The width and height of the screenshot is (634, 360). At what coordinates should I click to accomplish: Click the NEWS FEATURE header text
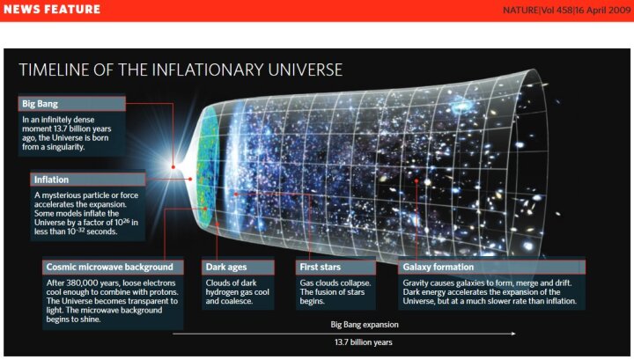tap(52, 10)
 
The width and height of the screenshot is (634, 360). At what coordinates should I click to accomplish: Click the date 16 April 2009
tap(603, 10)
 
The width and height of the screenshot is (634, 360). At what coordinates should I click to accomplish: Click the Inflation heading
tap(51, 180)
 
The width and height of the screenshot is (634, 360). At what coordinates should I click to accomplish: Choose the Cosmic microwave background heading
tap(109, 267)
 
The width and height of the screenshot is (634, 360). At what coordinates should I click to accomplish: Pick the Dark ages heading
tap(226, 267)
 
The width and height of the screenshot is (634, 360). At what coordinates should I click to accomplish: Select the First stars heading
tap(321, 267)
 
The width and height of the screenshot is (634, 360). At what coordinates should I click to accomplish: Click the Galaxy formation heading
tap(438, 267)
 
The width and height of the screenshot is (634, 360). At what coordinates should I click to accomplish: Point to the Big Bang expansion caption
tap(365, 325)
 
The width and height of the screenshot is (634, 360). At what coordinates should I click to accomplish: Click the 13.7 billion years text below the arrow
tap(363, 342)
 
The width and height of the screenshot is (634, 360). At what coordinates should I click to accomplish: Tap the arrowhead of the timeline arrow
tap(513, 334)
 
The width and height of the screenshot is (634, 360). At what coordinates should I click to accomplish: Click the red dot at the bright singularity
tap(173, 167)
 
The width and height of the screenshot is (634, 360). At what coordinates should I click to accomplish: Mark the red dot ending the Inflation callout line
tap(190, 179)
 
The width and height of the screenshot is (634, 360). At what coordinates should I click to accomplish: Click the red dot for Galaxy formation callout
tap(416, 181)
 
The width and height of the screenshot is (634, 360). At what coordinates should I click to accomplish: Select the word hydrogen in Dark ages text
tap(222, 292)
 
